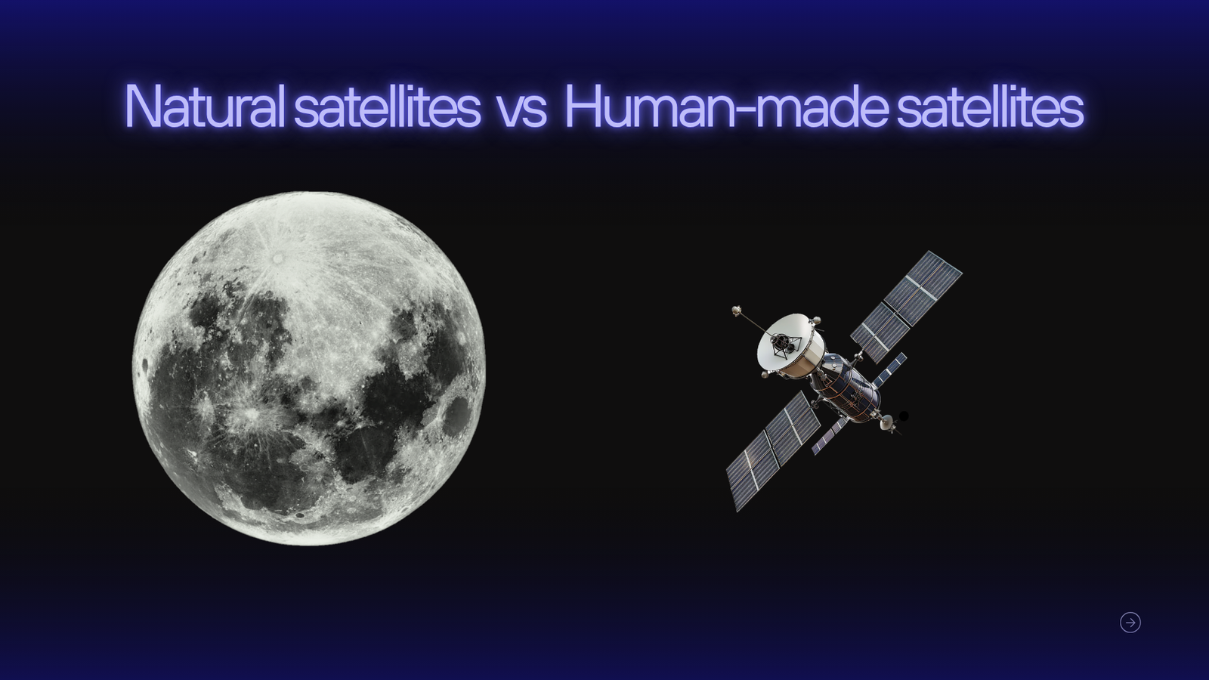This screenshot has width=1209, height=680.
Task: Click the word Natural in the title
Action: [205, 105]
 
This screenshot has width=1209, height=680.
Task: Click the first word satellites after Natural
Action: [388, 105]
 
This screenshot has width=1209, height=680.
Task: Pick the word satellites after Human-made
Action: [991, 105]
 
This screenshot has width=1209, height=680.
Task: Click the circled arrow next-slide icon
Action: [1130, 623]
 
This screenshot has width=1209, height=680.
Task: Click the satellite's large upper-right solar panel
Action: [907, 306]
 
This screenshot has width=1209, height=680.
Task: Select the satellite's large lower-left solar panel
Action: [773, 451]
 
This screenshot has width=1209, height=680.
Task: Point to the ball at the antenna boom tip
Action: [736, 311]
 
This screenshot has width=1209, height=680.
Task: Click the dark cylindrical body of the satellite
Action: [845, 388]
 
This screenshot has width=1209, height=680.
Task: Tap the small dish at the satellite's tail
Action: [887, 423]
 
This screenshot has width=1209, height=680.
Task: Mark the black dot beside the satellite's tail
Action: [904, 416]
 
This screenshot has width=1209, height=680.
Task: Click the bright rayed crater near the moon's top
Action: [278, 258]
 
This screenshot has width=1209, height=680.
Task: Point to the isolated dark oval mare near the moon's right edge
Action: [456, 416]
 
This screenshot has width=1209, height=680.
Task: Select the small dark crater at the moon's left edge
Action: [145, 366]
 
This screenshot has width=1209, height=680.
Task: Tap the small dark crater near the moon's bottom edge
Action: [300, 515]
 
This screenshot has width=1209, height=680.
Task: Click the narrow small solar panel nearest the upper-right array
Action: [889, 369]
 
